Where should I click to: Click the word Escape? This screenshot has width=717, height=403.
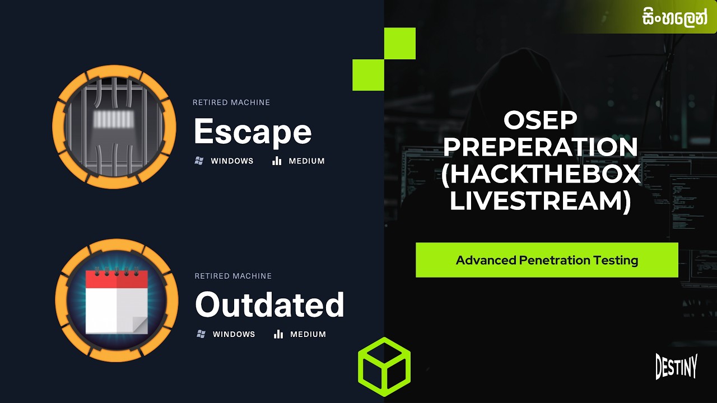252,132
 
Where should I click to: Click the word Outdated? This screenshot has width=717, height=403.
269,306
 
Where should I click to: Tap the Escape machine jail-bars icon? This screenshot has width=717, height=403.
114,127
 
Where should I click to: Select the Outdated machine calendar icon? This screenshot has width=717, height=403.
117,301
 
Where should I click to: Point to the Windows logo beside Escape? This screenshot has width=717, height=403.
198,161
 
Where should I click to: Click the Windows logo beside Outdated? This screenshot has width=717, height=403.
201,334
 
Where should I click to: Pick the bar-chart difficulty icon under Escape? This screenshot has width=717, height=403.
276,161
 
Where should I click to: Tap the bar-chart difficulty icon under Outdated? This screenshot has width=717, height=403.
278,334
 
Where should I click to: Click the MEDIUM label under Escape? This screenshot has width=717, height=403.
306,161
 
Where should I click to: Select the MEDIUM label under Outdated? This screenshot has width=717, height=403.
308,334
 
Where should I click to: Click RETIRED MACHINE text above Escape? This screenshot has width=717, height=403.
231,102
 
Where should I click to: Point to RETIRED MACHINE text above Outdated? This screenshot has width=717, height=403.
233,276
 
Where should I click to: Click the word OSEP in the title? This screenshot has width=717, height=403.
540,120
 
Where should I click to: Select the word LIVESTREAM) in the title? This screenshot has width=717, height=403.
540,201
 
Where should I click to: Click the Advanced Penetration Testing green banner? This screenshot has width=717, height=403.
547,260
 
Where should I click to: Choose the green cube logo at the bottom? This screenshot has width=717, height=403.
384,367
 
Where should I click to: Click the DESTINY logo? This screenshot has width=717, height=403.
676,367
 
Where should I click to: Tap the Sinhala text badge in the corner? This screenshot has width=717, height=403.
675,17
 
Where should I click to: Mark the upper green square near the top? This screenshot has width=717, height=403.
399,44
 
